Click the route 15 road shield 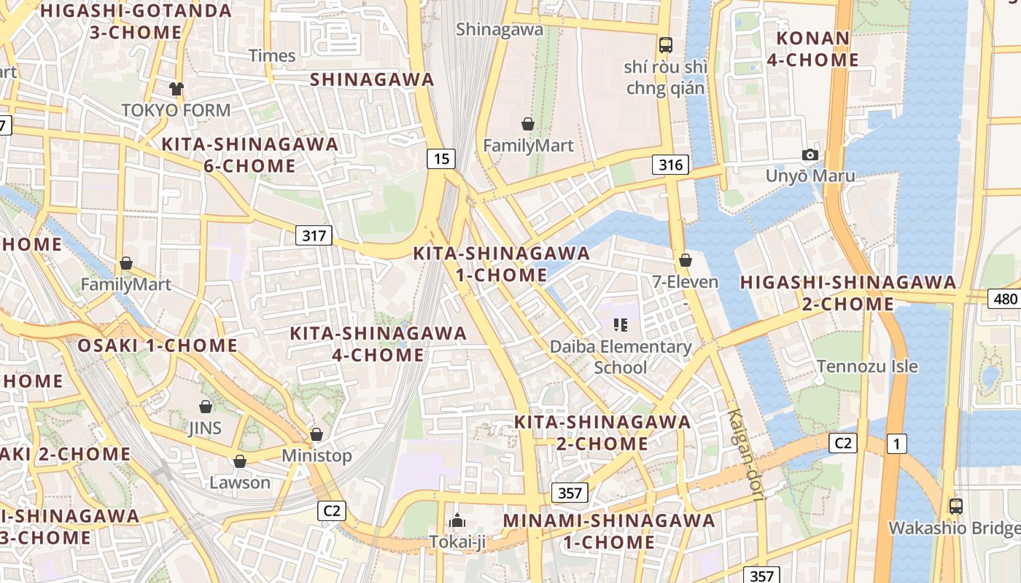coord(441,158)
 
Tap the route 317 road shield coord(314,235)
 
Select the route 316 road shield coord(670,165)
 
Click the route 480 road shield coord(1004,298)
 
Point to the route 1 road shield coord(896,443)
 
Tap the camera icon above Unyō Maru coord(810,154)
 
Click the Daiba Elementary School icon coord(621,324)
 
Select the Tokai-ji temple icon coord(457,520)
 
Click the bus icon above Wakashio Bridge coord(955,506)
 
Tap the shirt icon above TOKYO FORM coord(176,89)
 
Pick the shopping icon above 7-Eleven coord(685,260)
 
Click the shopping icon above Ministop coord(317,434)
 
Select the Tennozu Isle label coord(867,366)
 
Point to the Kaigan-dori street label coord(744,455)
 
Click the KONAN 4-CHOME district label coord(812,49)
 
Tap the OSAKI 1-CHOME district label coord(158,345)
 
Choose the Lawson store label coord(240,482)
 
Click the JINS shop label coord(205,428)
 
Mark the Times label coord(272,55)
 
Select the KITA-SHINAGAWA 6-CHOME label coord(249,154)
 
